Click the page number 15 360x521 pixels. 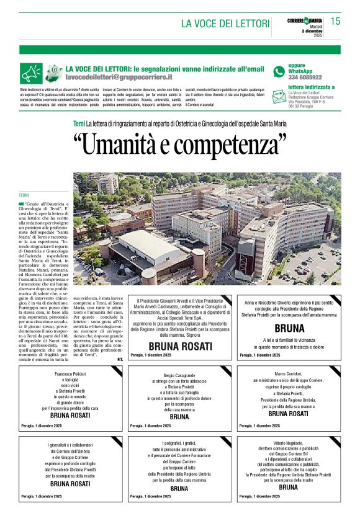(336, 21)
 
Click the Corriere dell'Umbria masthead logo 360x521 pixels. (305, 21)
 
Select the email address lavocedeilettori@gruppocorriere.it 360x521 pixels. (119, 77)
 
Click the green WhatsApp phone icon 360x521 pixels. (279, 71)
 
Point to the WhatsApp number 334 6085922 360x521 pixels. (305, 78)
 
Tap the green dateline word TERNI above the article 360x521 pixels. (24, 195)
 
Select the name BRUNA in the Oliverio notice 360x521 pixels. (289, 328)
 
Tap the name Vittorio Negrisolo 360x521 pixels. (289, 444)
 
